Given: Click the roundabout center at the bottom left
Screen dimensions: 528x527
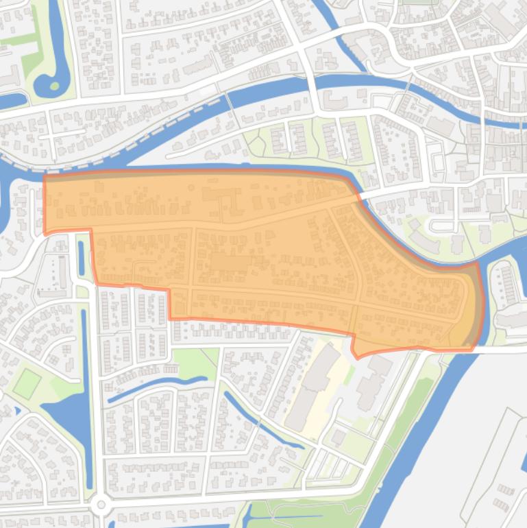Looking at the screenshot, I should tap(101, 505).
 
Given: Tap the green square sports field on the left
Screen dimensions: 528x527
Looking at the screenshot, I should tap(27, 383).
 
